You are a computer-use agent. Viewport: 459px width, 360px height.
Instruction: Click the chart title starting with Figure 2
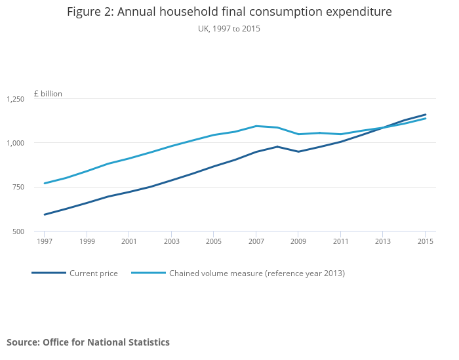229,12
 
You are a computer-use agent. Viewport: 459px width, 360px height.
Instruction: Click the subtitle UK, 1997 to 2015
229,29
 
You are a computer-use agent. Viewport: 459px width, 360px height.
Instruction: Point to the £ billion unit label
48,94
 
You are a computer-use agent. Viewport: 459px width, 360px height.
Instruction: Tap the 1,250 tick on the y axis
15,99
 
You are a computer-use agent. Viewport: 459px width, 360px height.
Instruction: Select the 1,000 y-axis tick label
15,143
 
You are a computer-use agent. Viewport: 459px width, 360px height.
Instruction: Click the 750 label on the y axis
18,188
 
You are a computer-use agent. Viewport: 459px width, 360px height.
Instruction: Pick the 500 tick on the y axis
18,231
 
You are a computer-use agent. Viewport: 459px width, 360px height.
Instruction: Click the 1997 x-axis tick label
44,241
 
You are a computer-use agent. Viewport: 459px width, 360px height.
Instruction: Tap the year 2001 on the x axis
129,241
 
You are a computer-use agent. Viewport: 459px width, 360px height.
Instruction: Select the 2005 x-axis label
213,241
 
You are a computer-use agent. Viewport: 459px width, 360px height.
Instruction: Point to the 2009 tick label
298,241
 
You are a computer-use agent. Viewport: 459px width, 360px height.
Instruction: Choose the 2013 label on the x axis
383,241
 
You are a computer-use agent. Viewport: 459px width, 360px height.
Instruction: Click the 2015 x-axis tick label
426,241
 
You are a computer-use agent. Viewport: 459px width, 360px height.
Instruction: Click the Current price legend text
94,273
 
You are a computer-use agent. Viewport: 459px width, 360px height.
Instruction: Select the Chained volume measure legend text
257,273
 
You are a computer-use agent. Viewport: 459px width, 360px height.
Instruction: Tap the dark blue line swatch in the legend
49,273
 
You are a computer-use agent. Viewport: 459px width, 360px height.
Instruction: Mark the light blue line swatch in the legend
148,273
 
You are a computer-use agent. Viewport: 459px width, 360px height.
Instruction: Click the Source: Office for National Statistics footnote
88,342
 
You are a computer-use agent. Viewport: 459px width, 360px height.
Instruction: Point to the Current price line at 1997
44,214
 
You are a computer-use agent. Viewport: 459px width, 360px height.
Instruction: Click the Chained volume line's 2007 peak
256,126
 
